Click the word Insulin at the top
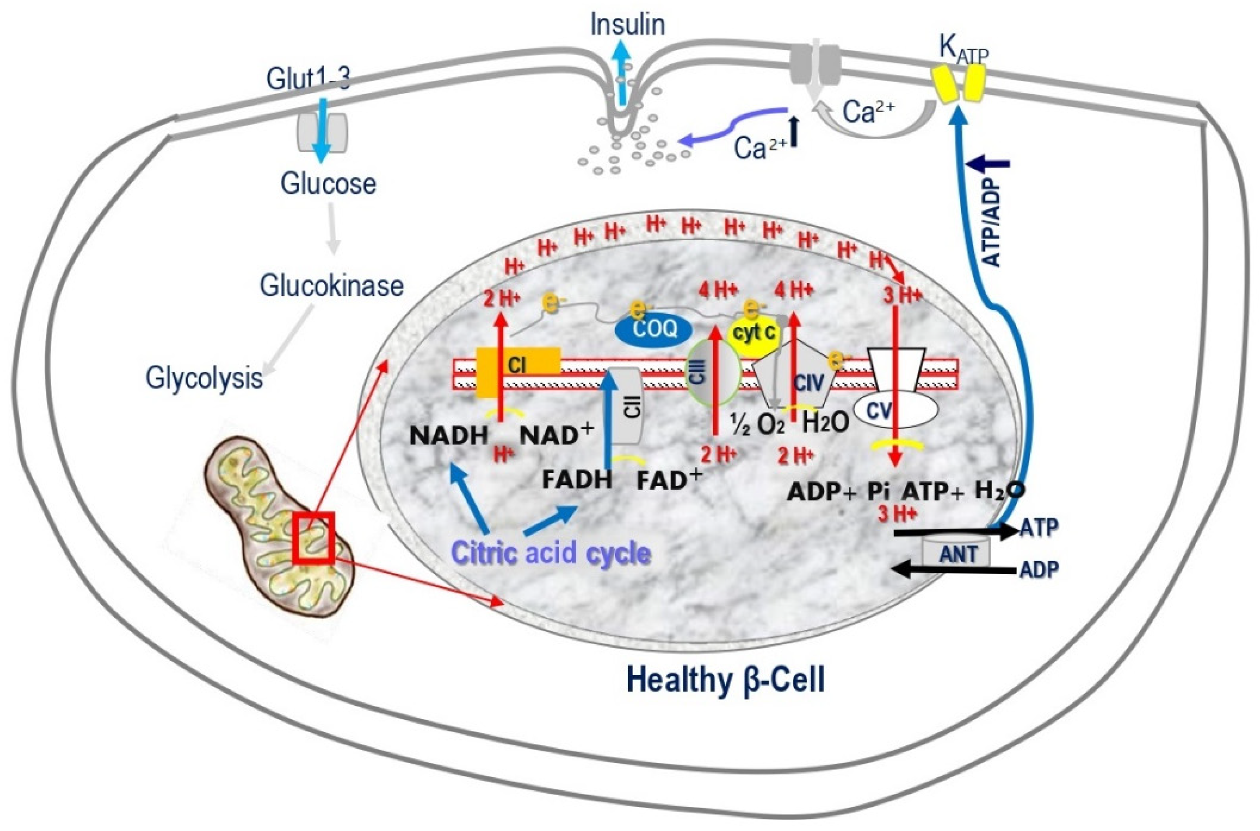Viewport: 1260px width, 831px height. coord(627,25)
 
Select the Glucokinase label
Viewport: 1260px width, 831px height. coord(331,286)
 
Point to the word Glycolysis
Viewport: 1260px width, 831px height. coord(204,379)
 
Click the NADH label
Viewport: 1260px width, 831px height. coord(448,436)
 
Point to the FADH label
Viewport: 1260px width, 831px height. coord(577,480)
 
